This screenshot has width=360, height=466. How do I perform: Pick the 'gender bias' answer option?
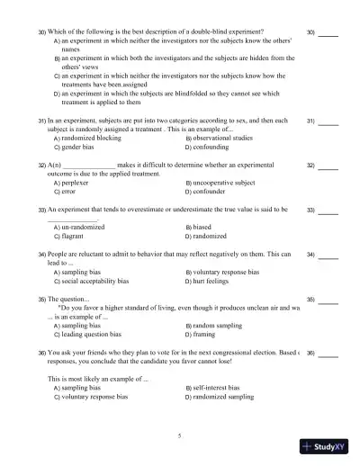click(x=81, y=147)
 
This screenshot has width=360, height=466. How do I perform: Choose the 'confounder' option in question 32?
click(x=214, y=192)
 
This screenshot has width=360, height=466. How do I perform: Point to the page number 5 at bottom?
click(x=180, y=436)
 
